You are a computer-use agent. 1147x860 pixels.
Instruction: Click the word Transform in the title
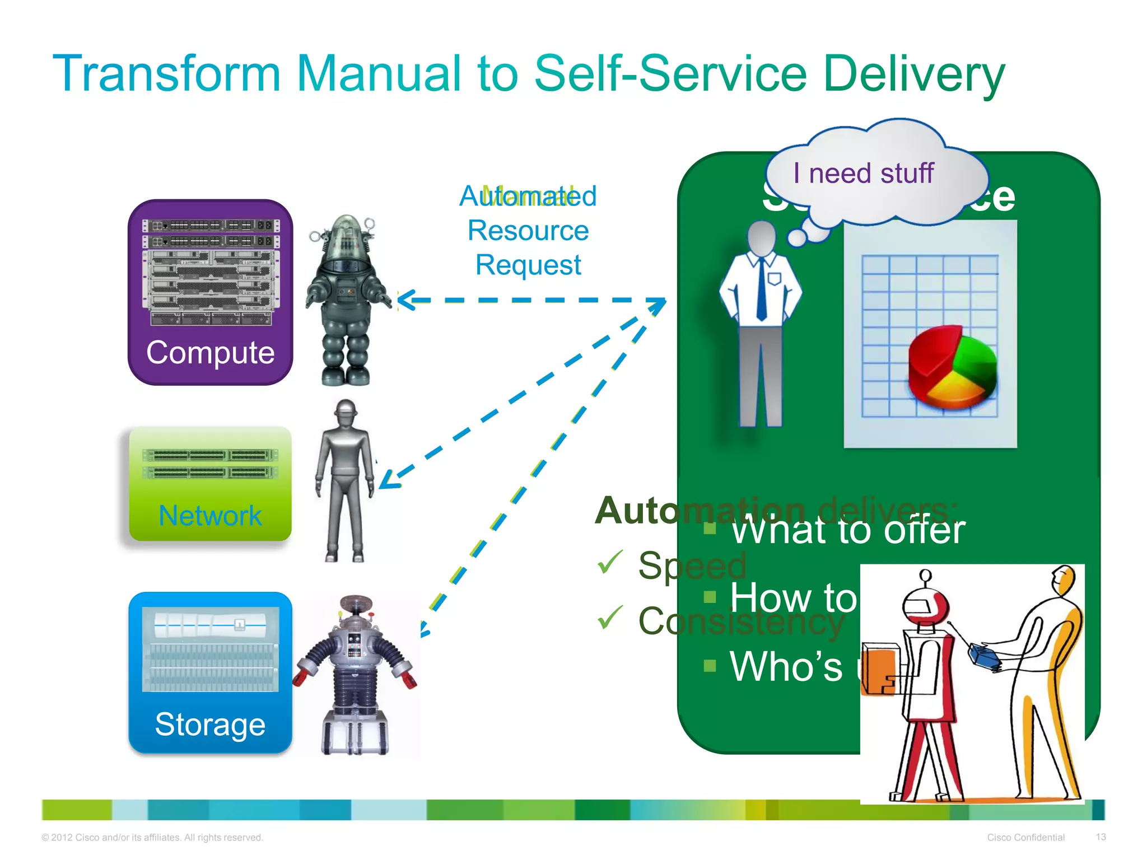[x=166, y=74]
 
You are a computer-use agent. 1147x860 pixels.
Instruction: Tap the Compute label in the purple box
[x=210, y=353]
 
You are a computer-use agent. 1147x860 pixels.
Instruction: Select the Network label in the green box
[x=210, y=516]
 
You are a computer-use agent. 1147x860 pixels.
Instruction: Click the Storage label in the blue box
[x=210, y=725]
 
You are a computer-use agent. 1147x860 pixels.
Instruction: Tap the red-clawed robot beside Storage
[x=355, y=675]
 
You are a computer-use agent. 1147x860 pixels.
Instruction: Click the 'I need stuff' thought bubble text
[x=863, y=173]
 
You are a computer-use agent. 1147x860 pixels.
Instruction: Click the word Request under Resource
[x=528, y=265]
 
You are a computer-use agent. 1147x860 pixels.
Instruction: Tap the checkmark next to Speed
[x=610, y=562]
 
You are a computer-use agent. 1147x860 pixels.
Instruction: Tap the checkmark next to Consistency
[x=610, y=617]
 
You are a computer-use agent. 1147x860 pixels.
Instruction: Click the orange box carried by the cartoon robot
[x=878, y=669]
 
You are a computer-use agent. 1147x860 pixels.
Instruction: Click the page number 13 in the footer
[x=1101, y=837]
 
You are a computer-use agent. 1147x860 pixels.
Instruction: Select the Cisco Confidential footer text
[x=1025, y=838]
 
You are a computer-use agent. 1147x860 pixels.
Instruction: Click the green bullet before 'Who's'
[x=710, y=665]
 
